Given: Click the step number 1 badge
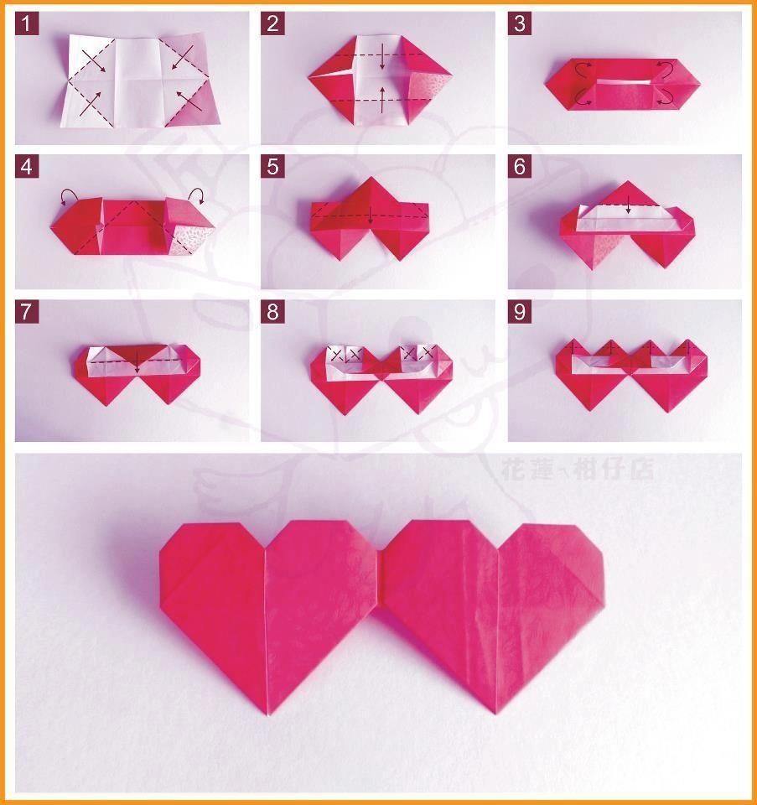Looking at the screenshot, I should pos(27,23).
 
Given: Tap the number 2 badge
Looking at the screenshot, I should pos(272,23).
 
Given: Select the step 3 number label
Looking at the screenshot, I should pos(520,23).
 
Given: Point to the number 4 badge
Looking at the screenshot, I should pos(27,167).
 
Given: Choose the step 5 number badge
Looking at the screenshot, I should pos(272,167).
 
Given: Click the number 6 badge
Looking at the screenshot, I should pos(520,167).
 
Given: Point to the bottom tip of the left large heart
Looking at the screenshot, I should pos(269,714).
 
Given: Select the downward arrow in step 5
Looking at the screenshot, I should pos(371,216).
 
